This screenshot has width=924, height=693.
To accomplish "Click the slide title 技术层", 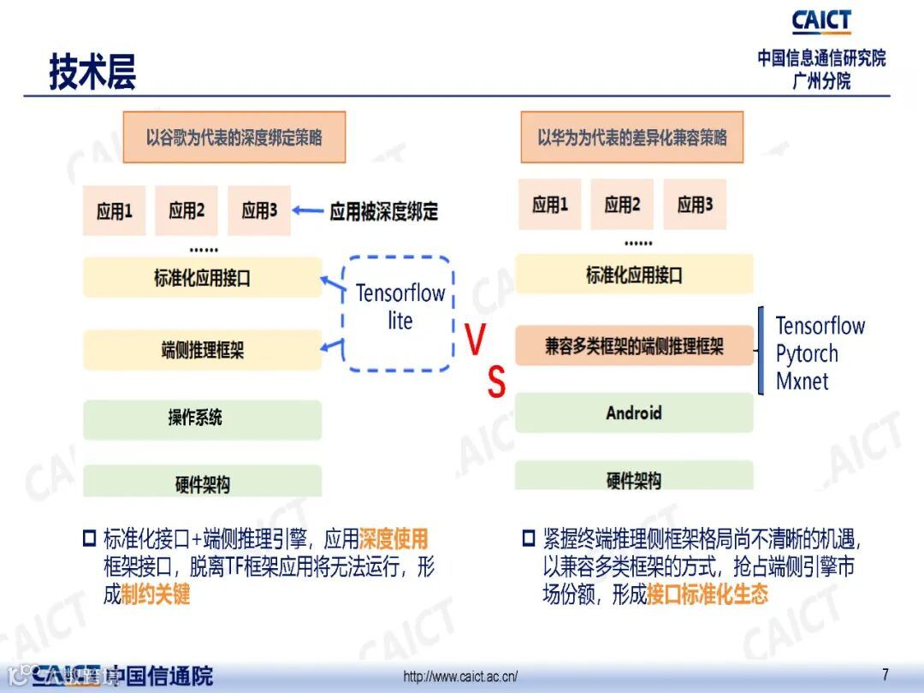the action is pos(92,72).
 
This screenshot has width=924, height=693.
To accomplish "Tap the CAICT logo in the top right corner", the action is pos(820,21).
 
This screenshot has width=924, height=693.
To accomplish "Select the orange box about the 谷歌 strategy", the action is pos(234,137).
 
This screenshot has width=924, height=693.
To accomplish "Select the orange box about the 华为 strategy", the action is pos(631,137).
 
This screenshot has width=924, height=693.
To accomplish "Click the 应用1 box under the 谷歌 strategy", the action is pos(115,210).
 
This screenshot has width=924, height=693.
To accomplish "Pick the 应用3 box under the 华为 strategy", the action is pos(695,204).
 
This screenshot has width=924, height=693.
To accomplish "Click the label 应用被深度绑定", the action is pos(383,211).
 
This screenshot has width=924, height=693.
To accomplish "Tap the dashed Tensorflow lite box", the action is pos(400,313).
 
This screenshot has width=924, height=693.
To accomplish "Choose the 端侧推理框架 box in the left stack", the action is pos(202,349).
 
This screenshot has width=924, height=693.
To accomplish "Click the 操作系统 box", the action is pos(202,418).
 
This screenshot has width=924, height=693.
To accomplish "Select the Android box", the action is pos(634,413).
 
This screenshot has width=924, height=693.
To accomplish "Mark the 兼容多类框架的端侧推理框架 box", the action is pos(634,346).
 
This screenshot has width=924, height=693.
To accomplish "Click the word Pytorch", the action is pos(806,353).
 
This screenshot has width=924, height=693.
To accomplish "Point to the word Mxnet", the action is pos(802,381).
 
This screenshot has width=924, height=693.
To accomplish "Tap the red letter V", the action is pos(475,341).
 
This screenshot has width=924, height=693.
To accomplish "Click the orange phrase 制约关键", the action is pos(155,594).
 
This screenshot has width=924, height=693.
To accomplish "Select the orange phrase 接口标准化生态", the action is pos(708,594).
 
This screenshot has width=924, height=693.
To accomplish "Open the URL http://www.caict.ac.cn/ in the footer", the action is pos(460,677).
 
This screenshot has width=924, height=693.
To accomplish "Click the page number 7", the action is pos(885,672).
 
